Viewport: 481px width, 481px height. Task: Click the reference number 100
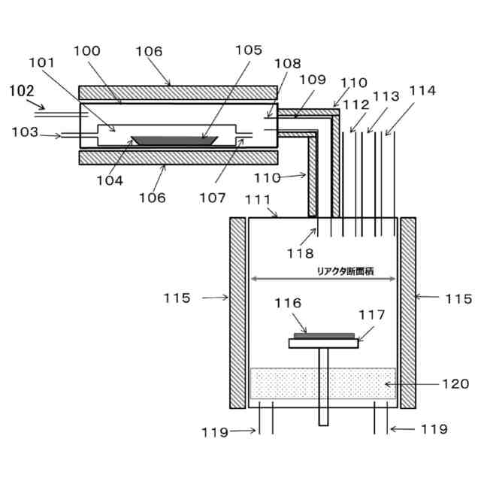tap(87, 51)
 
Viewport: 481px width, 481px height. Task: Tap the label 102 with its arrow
tap(22, 91)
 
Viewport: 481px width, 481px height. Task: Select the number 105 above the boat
tap(247, 51)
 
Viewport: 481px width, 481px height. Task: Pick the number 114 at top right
tap(422, 91)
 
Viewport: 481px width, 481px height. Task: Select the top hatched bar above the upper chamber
tap(177, 92)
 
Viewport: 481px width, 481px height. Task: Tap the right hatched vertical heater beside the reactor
tap(408, 313)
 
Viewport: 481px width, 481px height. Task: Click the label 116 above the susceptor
tap(288, 304)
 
